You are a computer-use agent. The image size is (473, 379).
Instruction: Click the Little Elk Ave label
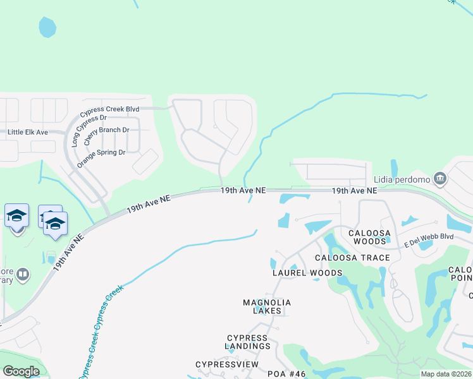click(x=28, y=132)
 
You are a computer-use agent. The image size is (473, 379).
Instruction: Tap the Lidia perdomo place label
click(x=402, y=179)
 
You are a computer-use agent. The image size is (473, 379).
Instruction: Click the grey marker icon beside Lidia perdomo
click(x=440, y=179)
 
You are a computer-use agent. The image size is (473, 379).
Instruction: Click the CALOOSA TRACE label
click(x=348, y=258)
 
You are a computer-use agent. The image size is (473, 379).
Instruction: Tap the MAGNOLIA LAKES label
click(x=267, y=307)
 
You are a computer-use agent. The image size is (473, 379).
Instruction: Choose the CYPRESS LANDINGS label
click(x=248, y=342)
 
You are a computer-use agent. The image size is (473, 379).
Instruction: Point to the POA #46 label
click(x=286, y=374)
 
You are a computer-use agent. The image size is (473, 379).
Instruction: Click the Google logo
click(x=21, y=371)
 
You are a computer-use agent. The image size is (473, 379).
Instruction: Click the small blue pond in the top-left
click(x=47, y=27)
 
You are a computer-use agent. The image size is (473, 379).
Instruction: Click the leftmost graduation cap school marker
click(x=16, y=216)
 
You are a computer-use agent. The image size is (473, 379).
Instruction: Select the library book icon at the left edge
click(x=23, y=274)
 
